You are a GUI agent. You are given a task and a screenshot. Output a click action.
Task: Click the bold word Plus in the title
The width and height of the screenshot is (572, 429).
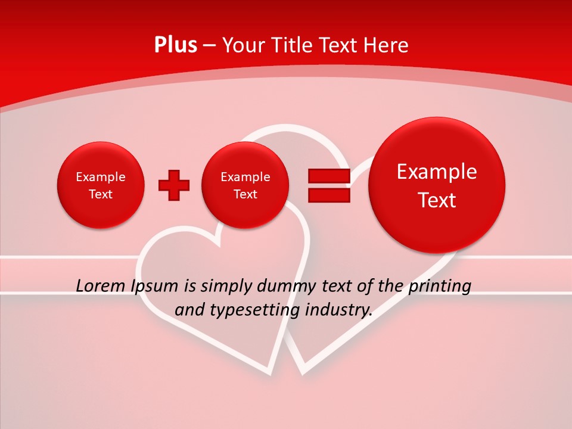click(x=175, y=45)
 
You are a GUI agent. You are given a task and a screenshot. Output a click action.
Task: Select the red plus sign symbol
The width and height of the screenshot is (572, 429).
click(x=173, y=185)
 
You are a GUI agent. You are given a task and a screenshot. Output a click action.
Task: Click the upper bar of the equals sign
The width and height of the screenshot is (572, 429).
click(x=328, y=176)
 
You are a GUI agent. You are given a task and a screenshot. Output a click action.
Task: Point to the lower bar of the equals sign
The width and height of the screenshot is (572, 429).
click(x=328, y=195)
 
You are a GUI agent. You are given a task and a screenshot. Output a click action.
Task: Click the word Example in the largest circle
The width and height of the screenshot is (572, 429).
click(x=437, y=172)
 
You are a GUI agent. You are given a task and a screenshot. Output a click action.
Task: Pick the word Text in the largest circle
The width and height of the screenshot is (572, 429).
click(x=437, y=200)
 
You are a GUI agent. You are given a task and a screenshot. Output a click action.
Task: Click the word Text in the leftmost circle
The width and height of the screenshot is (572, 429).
click(x=101, y=194)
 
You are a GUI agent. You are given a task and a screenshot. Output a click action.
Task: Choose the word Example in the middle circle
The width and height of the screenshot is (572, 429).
click(x=245, y=177)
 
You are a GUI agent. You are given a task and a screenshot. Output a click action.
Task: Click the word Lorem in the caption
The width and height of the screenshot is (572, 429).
click(x=101, y=286)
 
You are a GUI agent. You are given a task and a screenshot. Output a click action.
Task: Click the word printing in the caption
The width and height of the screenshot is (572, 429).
click(x=439, y=286)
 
